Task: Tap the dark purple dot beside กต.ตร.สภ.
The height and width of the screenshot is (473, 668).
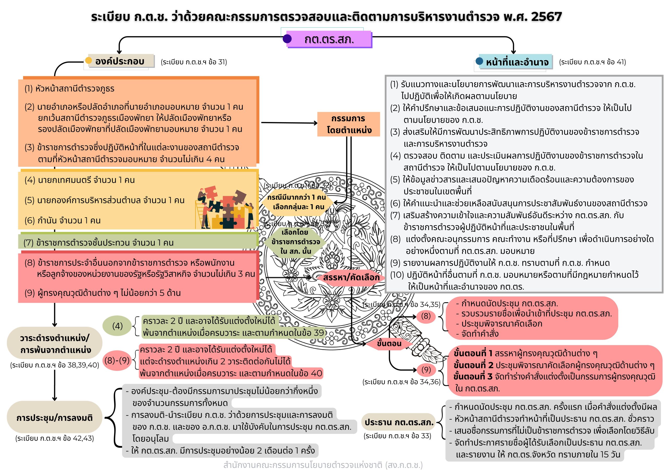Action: pos(287,39)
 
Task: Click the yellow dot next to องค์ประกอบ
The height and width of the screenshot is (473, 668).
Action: pos(88,61)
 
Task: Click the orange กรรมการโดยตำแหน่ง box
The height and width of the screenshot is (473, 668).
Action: pos(349,124)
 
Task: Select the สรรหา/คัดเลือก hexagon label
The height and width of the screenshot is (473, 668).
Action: pos(351,277)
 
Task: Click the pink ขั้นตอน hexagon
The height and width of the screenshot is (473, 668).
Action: pos(389,344)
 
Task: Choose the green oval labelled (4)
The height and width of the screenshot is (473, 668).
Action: pos(117,326)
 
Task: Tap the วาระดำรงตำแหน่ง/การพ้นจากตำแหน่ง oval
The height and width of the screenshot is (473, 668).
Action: pos(55,344)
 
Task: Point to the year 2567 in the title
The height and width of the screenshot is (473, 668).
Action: pos(546,17)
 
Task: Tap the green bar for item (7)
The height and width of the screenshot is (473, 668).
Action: pos(138,242)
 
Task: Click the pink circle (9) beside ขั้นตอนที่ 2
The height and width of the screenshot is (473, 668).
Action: pos(426,370)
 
